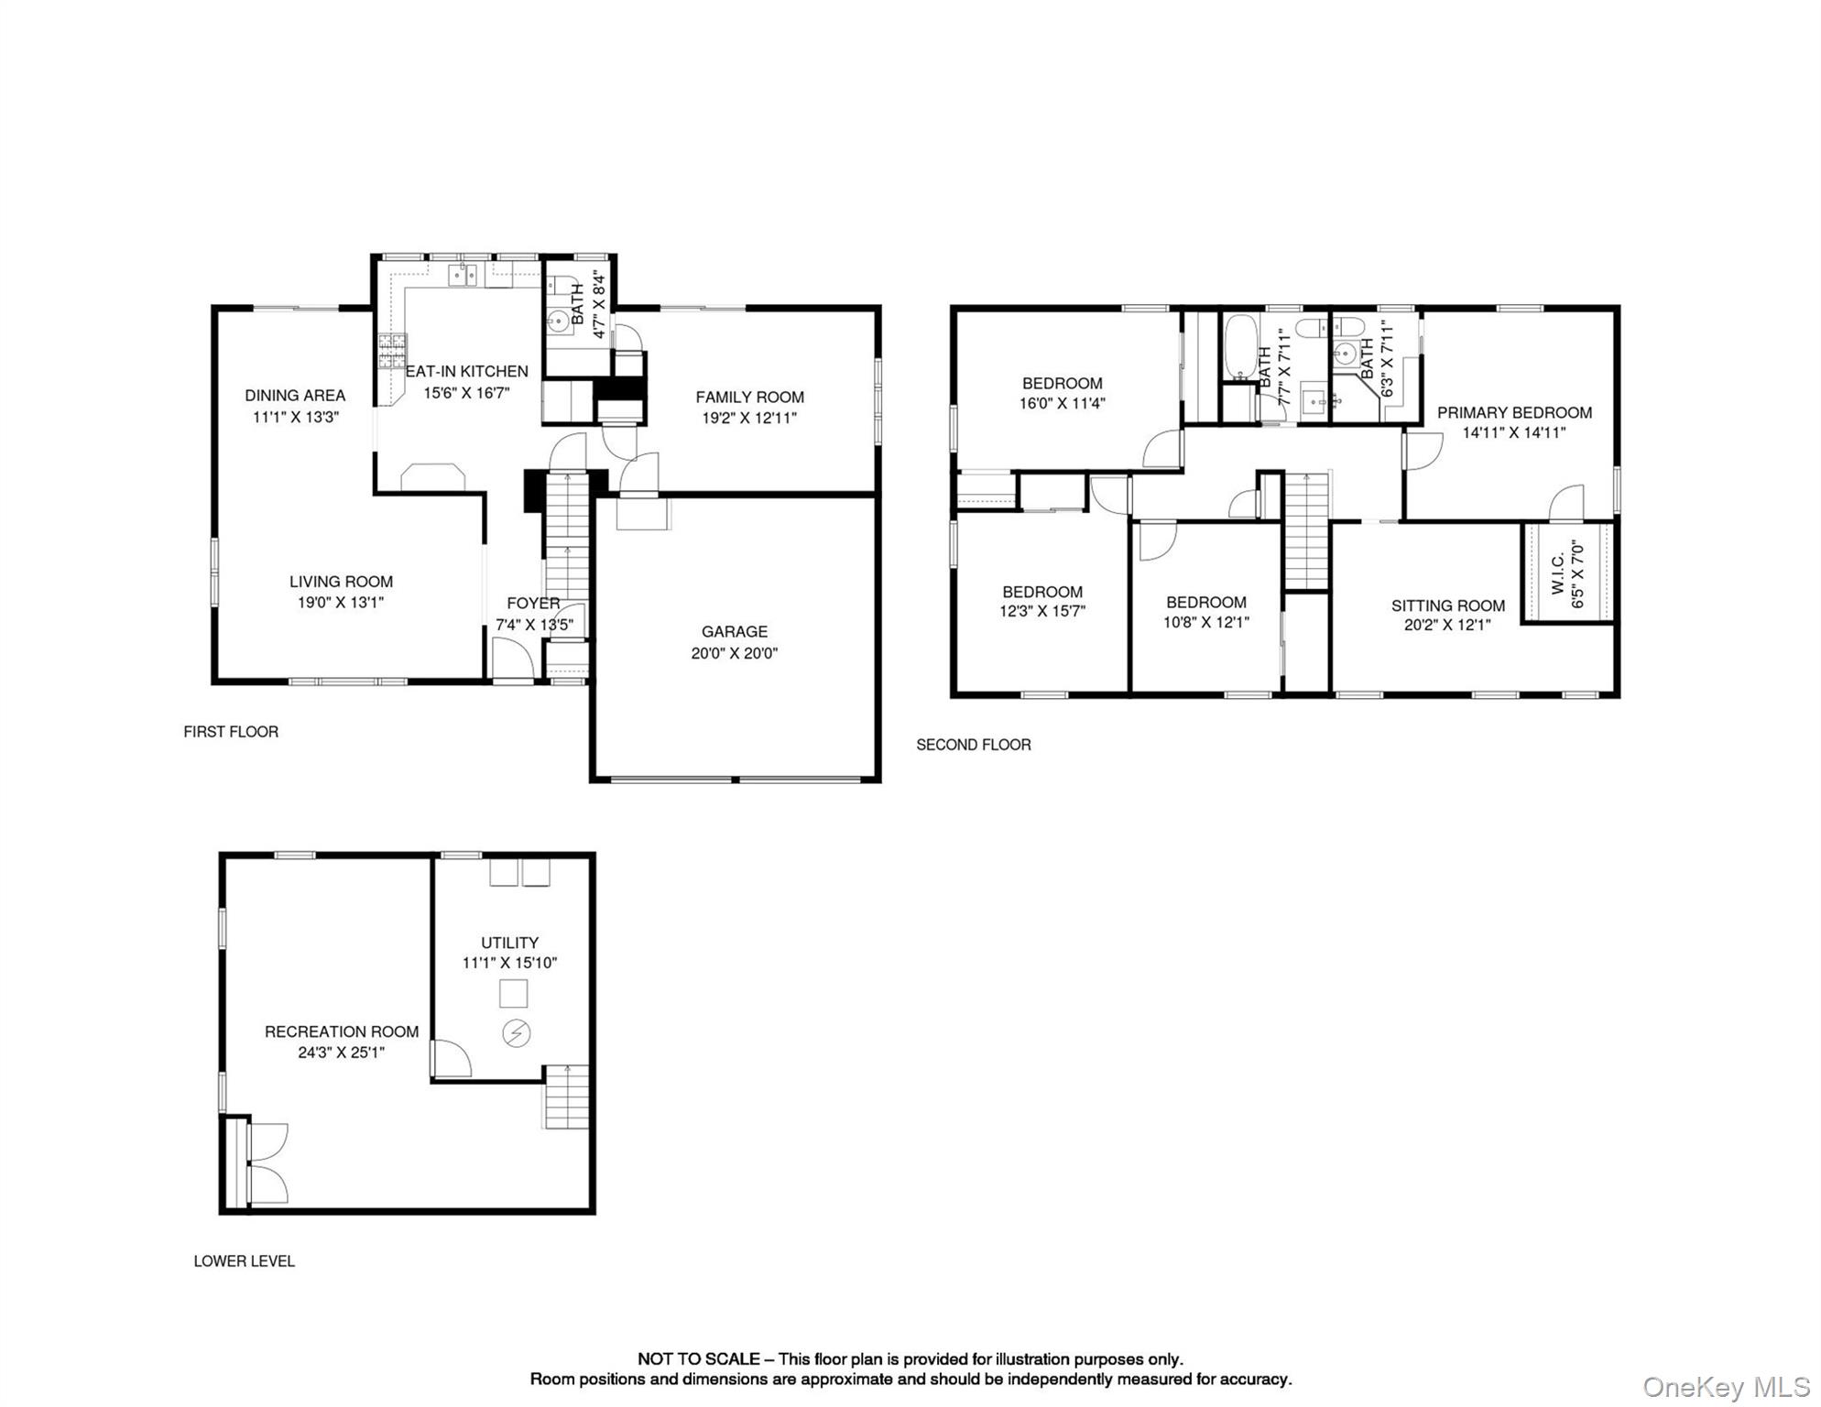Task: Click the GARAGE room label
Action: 734,631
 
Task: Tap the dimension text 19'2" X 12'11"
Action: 748,418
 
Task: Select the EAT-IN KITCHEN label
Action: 466,371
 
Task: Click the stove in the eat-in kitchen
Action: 392,352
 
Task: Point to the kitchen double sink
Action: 463,274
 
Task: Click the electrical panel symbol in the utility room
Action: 516,1033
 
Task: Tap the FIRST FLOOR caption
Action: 231,731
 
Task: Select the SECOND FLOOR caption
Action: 973,745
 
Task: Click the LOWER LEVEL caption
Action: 244,1260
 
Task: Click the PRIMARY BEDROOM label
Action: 1513,412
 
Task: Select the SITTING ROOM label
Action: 1447,605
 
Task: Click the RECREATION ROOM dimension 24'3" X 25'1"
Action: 341,1053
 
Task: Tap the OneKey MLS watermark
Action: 1726,1387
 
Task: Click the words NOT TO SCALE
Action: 698,1359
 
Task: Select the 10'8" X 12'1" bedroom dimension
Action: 1205,622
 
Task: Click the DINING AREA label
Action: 295,395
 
